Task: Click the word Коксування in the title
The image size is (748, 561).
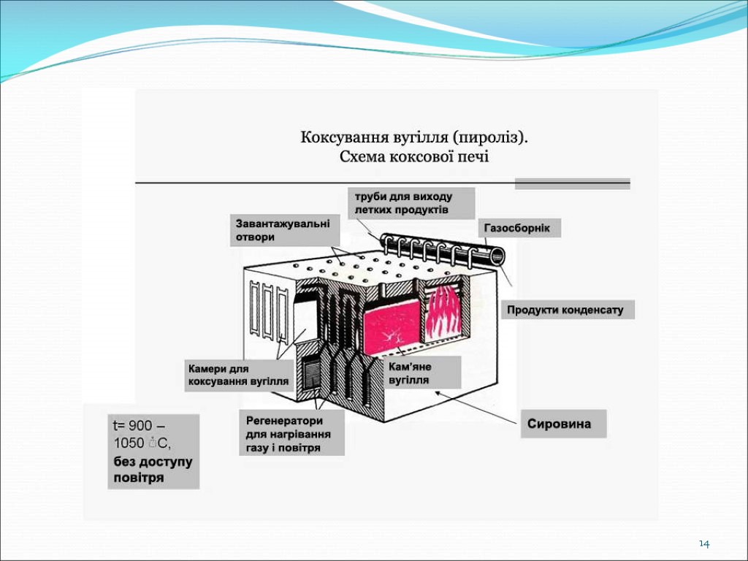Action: coord(338,138)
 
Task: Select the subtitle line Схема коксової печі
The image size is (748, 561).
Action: coord(414,156)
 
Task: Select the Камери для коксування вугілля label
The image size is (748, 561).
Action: coord(238,375)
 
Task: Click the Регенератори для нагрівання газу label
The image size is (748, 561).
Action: coord(290,435)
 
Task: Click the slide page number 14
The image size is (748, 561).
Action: coord(704,544)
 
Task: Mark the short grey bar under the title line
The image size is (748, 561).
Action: coord(572,183)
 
